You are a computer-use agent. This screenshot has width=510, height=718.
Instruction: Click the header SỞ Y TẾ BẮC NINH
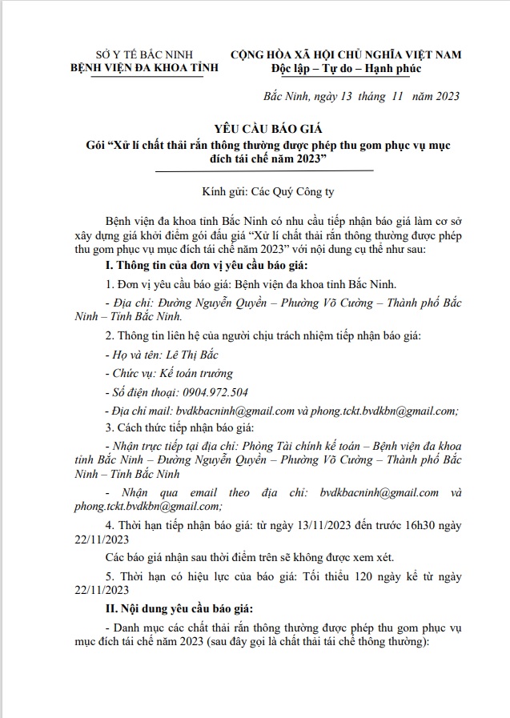132,54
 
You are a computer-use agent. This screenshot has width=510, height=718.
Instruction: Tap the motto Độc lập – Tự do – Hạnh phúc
346,69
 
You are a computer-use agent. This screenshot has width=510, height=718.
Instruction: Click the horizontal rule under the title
263,170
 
